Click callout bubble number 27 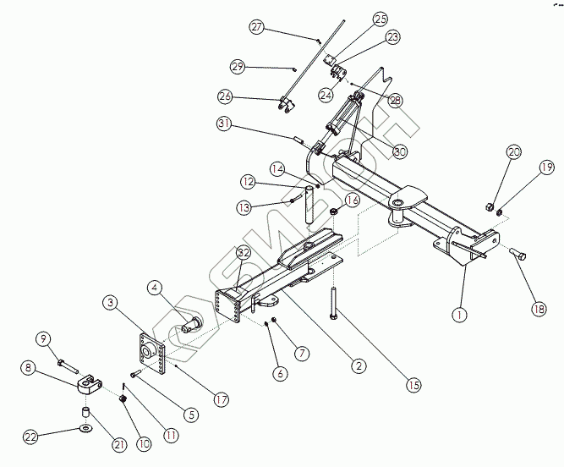click(x=257, y=27)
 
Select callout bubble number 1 click(x=459, y=315)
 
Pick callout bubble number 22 click(x=31, y=437)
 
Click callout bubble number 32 click(x=244, y=253)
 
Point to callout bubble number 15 click(x=413, y=385)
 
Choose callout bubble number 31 click(x=223, y=124)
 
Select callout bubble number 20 click(x=514, y=152)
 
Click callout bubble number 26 click(x=225, y=96)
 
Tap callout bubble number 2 click(x=359, y=366)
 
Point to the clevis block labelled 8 click(x=86, y=386)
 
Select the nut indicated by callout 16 click(x=333, y=211)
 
